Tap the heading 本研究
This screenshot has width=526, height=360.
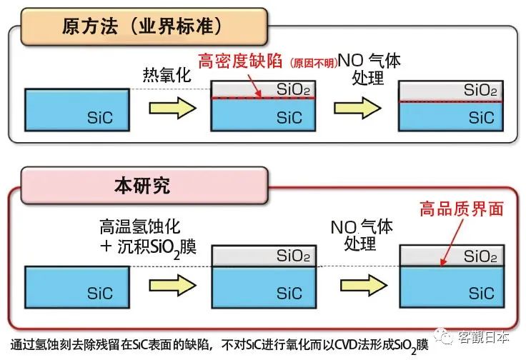[x=142, y=186]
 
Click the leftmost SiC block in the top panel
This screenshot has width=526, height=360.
[x=69, y=109]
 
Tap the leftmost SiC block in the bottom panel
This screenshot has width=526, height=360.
[x=69, y=286]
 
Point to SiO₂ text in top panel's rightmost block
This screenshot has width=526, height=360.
[x=480, y=91]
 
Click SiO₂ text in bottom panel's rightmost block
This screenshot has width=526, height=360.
[x=480, y=256]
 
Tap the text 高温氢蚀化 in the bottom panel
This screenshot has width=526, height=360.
[x=142, y=229]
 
